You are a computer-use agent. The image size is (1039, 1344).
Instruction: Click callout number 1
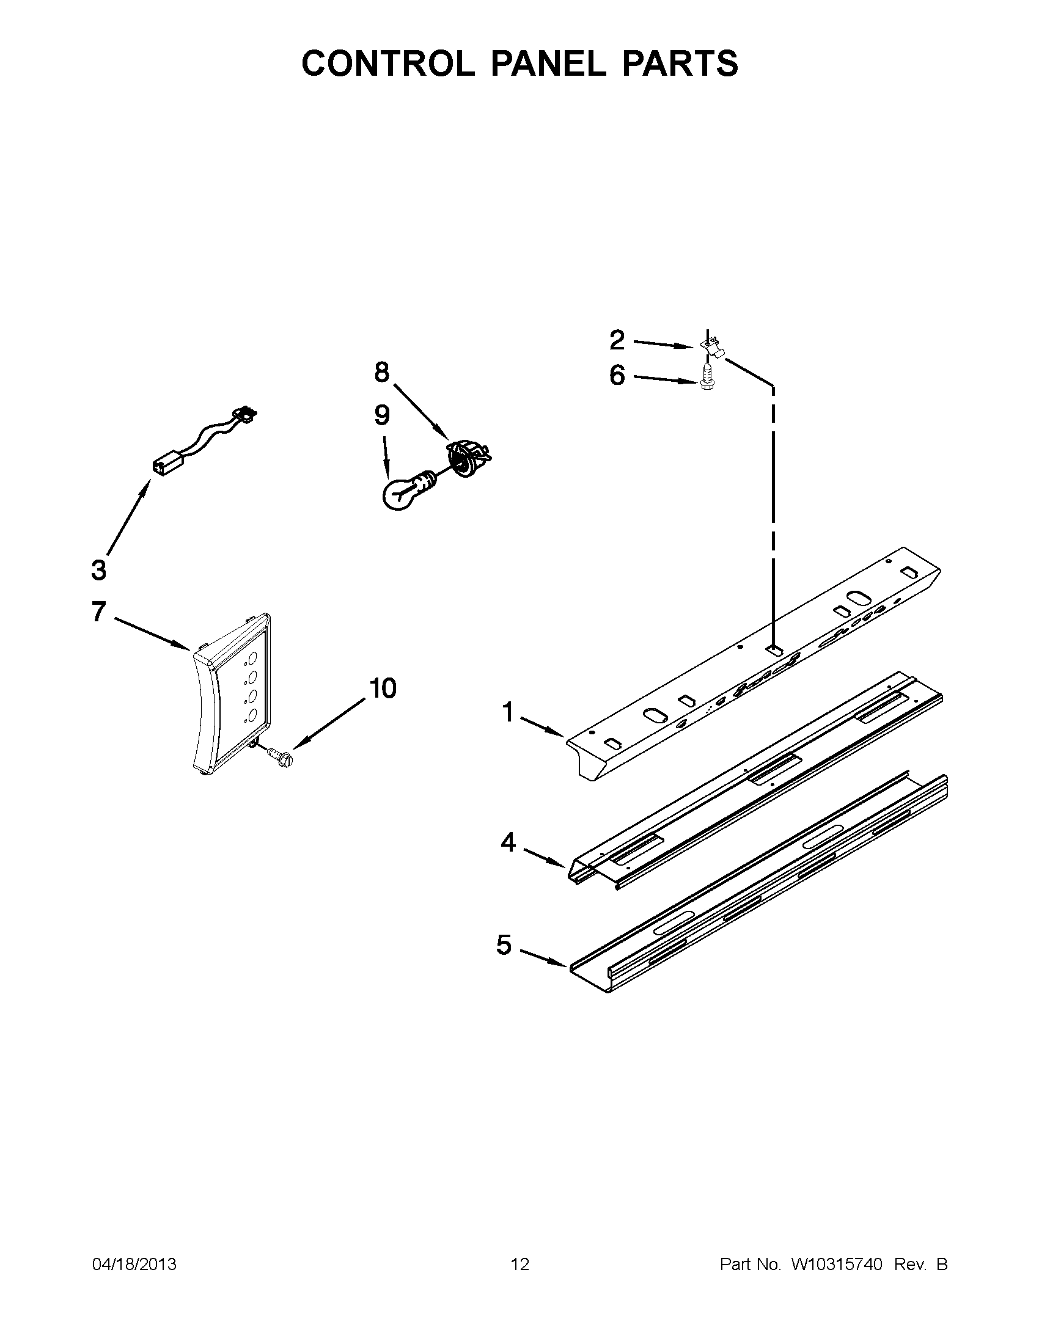(x=508, y=712)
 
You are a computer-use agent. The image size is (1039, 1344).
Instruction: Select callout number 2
(x=617, y=340)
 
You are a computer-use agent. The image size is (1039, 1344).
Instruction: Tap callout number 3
(x=98, y=570)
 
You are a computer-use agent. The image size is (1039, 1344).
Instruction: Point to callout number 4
(x=508, y=842)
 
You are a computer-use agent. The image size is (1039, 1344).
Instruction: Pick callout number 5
(x=504, y=944)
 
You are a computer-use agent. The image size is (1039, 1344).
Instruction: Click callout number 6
(x=617, y=374)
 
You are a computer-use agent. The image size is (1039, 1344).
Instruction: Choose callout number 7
(x=98, y=612)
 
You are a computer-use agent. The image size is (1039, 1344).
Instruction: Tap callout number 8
(x=381, y=371)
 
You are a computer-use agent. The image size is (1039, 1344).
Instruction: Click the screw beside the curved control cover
(x=281, y=756)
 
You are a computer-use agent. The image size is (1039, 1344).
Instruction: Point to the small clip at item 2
(x=712, y=346)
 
